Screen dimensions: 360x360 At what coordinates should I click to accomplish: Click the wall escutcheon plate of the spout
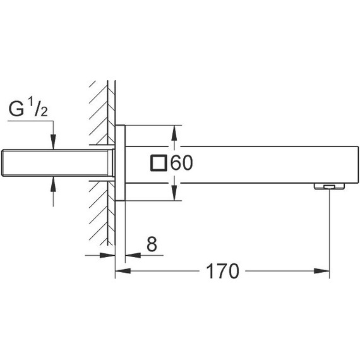[120, 163]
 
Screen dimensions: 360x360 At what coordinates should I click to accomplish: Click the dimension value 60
[181, 163]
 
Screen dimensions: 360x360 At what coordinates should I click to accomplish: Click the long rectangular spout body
[253, 163]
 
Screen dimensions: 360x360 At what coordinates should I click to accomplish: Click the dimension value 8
[151, 244]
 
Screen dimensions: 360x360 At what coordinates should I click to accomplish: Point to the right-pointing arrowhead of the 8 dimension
[109, 255]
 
